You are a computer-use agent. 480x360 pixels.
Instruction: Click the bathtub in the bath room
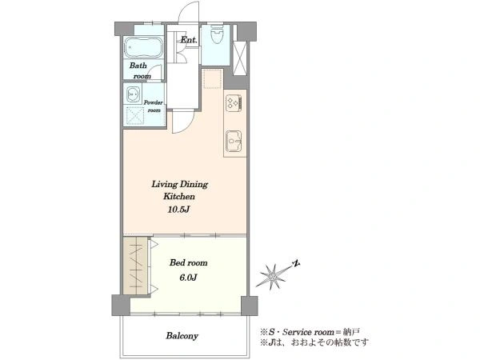pyautogui.click(x=143, y=47)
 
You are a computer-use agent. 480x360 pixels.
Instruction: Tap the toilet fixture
pyautogui.click(x=217, y=34)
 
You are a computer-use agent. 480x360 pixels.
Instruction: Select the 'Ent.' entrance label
pyautogui.click(x=189, y=40)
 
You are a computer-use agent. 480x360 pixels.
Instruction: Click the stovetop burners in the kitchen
pyautogui.click(x=234, y=102)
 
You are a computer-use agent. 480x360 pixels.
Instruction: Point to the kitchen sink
pyautogui.click(x=234, y=141)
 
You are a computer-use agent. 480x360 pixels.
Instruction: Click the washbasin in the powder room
pyautogui.click(x=134, y=95)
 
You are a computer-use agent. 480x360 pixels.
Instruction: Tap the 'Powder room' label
pyautogui.click(x=154, y=106)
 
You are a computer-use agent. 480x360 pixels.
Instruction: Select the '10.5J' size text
pyautogui.click(x=179, y=210)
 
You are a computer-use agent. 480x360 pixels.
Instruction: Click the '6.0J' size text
pyautogui.click(x=188, y=278)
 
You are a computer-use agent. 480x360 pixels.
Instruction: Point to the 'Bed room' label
pyautogui.click(x=188, y=262)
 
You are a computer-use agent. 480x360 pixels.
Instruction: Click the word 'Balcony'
pyautogui.click(x=182, y=336)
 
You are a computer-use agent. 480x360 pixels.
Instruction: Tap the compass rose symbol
pyautogui.click(x=273, y=277)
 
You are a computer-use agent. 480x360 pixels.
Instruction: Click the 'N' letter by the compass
pyautogui.click(x=296, y=263)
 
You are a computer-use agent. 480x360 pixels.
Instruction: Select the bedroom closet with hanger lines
pyautogui.click(x=135, y=266)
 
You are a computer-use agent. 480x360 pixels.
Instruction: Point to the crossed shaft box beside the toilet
pyautogui.click(x=240, y=58)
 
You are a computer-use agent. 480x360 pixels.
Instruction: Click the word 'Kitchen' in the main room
pyautogui.click(x=179, y=196)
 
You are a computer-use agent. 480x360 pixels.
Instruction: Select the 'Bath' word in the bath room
pyautogui.click(x=138, y=66)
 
